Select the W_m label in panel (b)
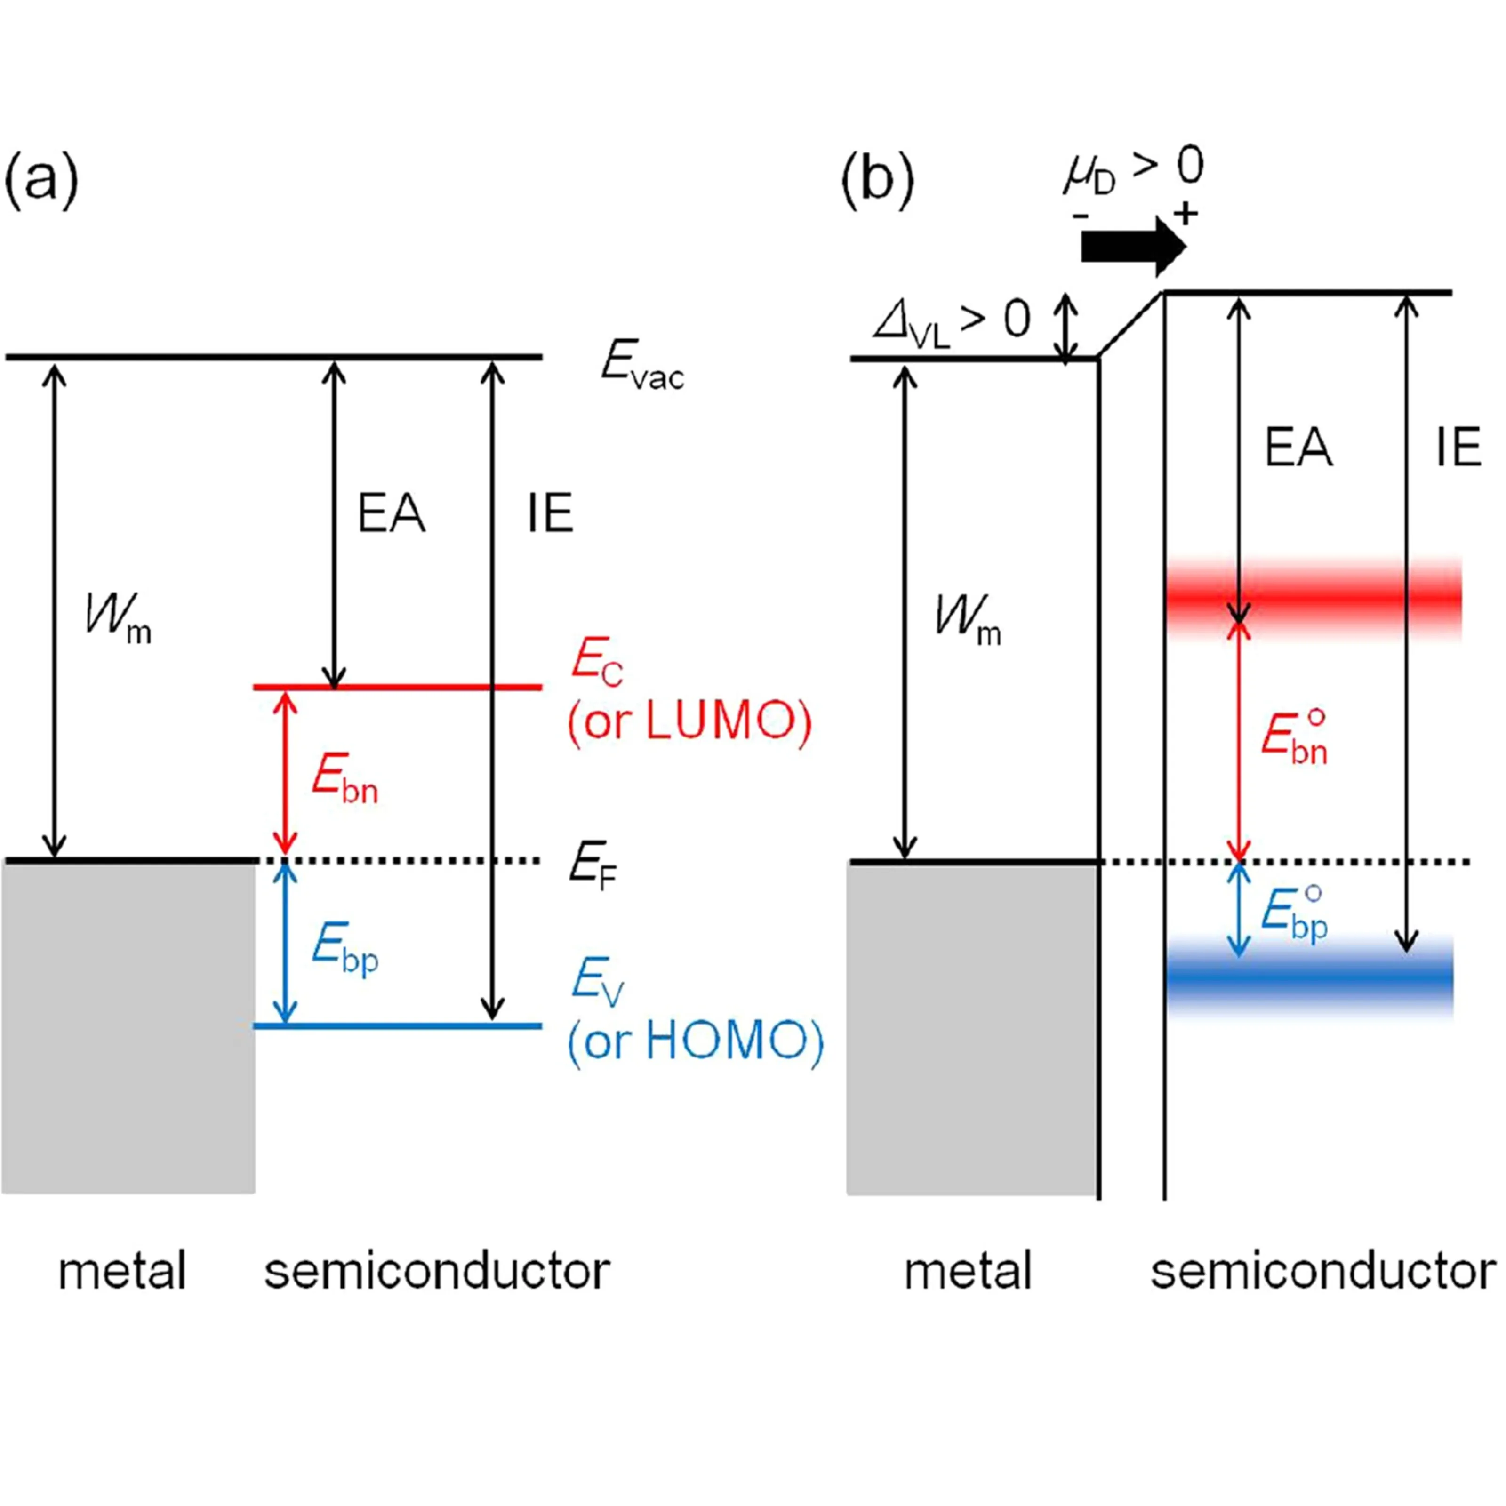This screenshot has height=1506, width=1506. pyautogui.click(x=967, y=624)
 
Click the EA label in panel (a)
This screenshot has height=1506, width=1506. pyautogui.click(x=391, y=514)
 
